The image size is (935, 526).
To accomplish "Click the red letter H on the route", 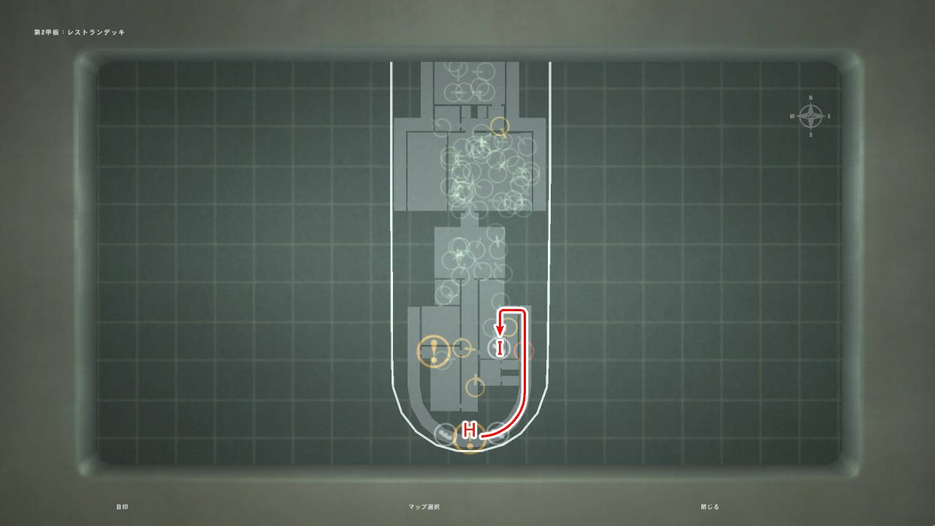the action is [470, 430].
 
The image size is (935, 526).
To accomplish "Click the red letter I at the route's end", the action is [500, 348].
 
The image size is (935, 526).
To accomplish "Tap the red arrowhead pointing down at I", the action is [500, 332].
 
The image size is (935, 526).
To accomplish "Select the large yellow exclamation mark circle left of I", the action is [433, 351].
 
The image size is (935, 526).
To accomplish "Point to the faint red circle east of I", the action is [524, 351].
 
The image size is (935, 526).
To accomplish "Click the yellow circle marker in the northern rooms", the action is [499, 126].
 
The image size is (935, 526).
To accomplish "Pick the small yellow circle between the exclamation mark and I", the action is [462, 348].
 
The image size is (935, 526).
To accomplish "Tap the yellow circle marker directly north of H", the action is [475, 386].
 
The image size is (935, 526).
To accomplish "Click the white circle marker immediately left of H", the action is [445, 435].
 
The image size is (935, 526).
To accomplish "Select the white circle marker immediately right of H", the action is [497, 432].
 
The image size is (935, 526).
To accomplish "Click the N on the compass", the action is [811, 98].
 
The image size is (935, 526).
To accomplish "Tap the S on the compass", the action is [811, 135].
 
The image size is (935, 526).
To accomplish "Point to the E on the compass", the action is [829, 117].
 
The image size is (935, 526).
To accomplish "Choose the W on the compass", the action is [792, 117].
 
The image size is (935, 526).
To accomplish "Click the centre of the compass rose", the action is [811, 117].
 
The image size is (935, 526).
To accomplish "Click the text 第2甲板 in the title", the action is [47, 33].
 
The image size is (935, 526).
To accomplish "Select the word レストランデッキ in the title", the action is [96, 33].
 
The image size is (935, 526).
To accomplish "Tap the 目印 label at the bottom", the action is [122, 507].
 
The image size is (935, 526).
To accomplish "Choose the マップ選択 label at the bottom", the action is [424, 507].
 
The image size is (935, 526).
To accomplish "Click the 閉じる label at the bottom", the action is [710, 507].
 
